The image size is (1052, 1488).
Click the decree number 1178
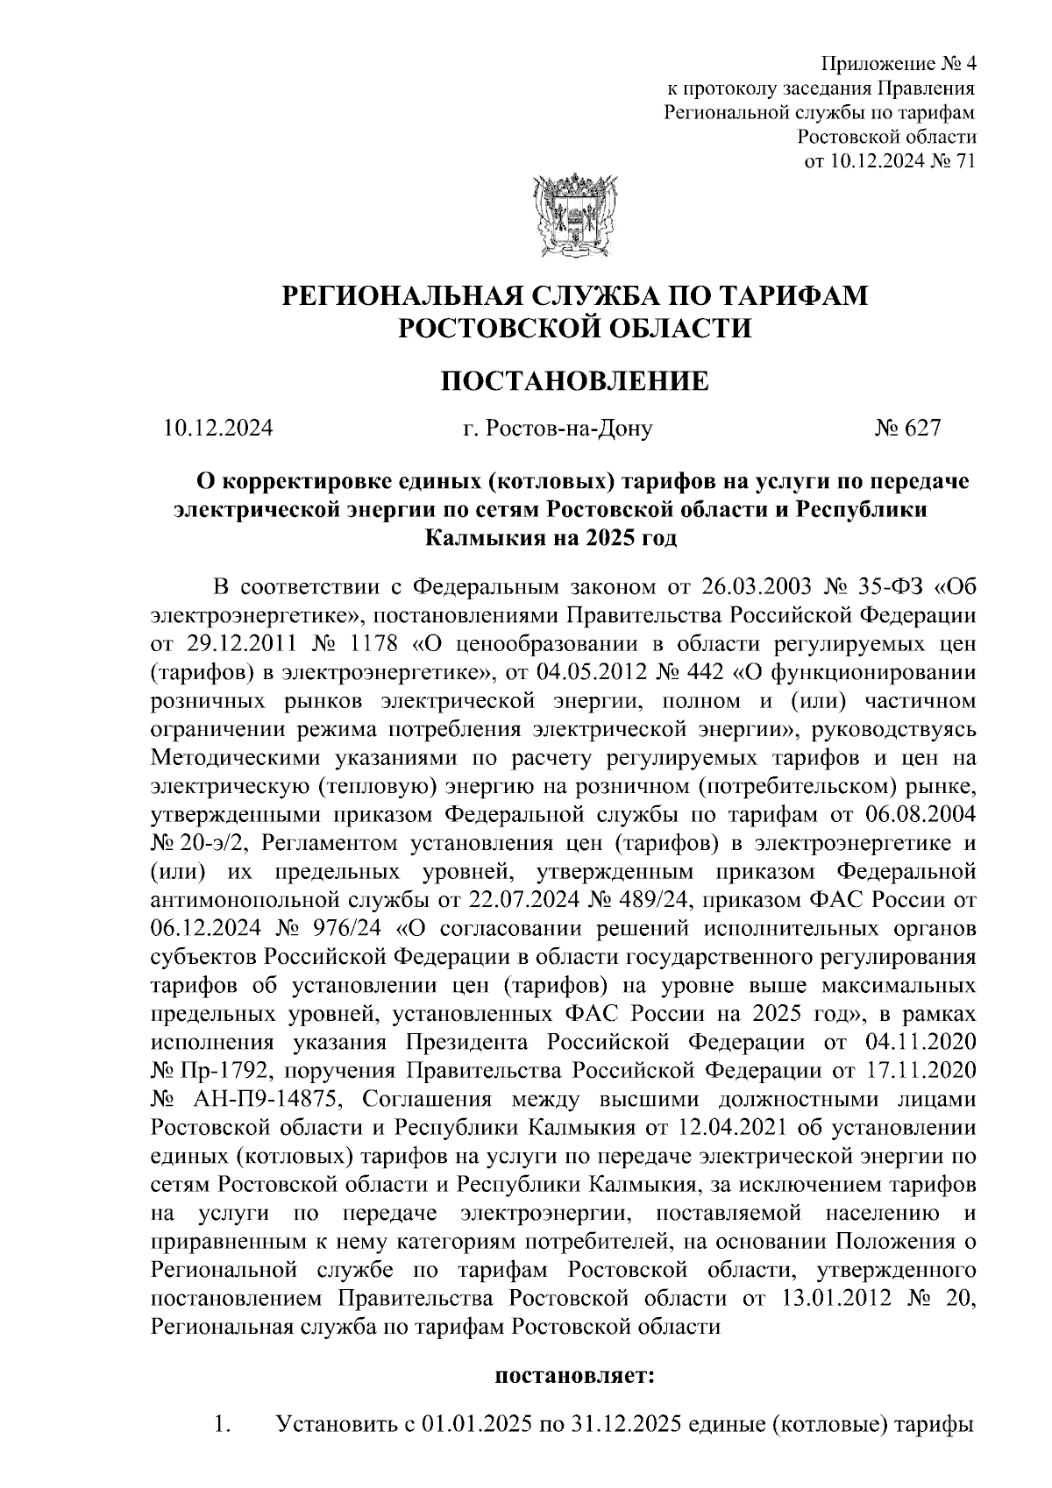point(373,644)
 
